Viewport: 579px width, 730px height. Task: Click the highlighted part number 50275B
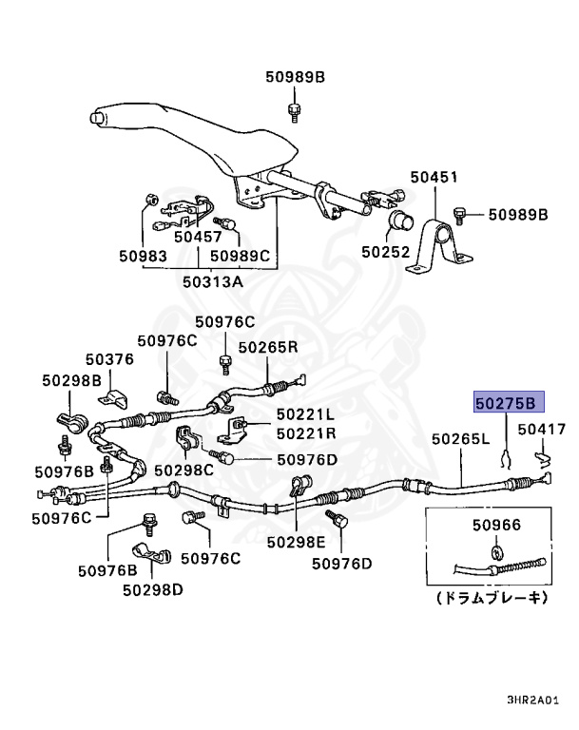511,402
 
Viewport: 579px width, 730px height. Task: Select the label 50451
434,178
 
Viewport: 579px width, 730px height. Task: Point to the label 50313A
212,281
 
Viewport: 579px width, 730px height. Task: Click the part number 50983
143,256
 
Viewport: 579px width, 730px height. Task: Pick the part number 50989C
241,256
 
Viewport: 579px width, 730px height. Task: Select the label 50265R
268,348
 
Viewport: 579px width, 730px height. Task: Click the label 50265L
460,440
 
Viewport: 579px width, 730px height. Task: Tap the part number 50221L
306,414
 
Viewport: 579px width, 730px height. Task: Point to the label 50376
109,359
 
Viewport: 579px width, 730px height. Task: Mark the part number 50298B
71,380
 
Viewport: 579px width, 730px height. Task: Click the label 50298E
296,542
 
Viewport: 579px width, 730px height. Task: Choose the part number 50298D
152,589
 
